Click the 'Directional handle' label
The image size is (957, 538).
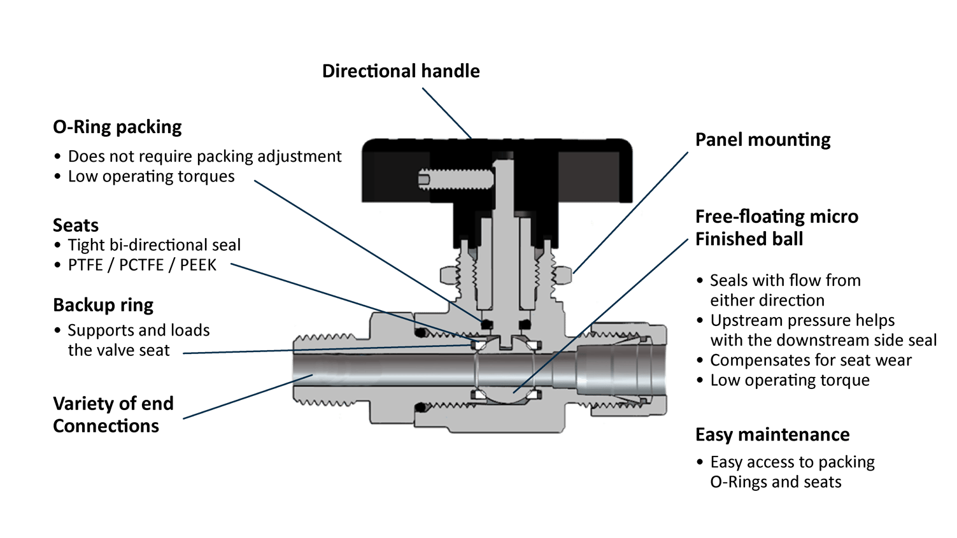401,71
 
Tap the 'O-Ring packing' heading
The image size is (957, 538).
117,127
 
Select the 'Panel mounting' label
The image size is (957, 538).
762,140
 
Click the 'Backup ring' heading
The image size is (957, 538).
103,306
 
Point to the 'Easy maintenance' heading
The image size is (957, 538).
772,435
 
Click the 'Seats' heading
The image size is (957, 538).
76,225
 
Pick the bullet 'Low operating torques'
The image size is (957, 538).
151,176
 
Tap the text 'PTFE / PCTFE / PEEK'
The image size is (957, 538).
142,265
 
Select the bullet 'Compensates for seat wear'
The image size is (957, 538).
811,360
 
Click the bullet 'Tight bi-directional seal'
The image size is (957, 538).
154,245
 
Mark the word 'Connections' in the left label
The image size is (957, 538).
106,426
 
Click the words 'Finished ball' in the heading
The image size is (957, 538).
749,239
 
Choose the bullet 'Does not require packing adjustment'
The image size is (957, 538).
204,157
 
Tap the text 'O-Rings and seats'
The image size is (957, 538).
776,482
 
